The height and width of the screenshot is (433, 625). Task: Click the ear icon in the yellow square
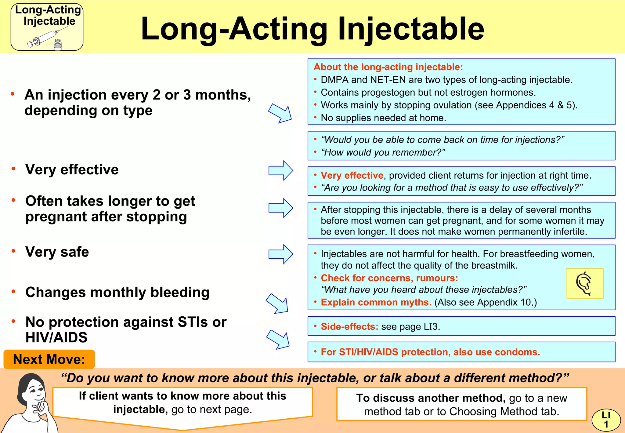pos(584,283)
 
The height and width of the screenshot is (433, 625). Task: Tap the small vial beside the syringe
pos(57,45)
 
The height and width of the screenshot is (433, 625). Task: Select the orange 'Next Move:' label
pos(49,359)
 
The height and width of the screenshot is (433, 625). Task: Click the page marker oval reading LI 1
pos(606,420)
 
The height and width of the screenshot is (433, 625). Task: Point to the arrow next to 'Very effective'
pos(280,170)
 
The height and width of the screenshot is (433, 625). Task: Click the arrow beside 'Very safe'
pos(280,254)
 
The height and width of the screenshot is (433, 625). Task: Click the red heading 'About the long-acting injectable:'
pos(388,67)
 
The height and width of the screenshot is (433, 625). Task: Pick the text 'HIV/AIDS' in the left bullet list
pos(56,337)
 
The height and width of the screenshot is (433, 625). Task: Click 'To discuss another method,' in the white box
pos(431,398)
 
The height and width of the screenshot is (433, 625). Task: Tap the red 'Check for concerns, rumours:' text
pos(389,278)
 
